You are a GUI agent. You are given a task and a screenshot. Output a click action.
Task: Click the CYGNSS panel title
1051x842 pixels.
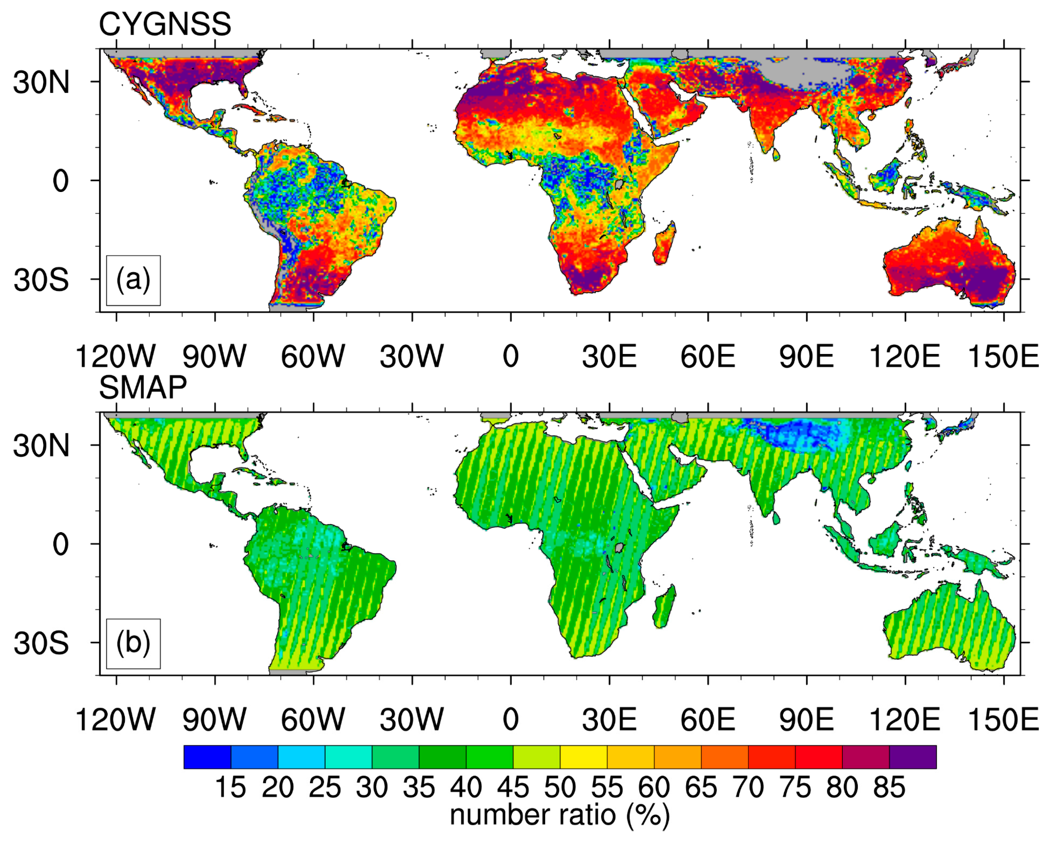165,24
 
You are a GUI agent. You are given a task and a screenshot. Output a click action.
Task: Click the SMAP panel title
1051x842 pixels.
143,388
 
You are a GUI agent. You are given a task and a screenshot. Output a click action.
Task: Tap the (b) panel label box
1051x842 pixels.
133,644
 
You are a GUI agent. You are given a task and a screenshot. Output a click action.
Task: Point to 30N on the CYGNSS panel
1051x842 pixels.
41,82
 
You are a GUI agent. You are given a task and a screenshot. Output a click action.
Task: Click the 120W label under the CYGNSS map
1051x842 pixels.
116,357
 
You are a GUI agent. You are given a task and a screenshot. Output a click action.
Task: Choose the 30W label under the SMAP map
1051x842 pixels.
412,720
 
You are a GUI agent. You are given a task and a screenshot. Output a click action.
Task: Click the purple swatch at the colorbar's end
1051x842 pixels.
913,757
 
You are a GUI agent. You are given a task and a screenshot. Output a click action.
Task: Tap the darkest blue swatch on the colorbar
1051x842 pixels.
207,757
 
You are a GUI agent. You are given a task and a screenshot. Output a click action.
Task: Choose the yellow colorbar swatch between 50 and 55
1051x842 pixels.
583,757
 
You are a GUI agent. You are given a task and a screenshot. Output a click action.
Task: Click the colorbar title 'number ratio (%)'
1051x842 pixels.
559,816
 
